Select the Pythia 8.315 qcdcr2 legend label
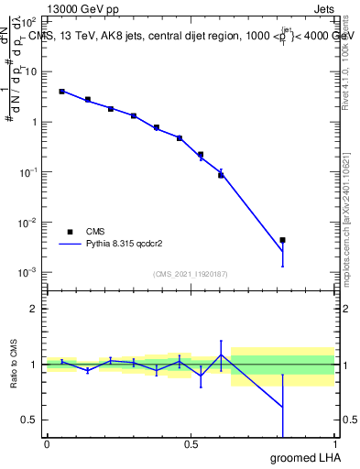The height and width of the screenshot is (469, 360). pyautogui.click(x=126, y=245)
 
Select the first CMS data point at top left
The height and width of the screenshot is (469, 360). pyautogui.click(x=61, y=92)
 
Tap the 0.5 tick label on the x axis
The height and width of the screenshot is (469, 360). pyautogui.click(x=191, y=444)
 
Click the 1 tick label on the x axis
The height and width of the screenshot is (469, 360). pyautogui.click(x=334, y=444)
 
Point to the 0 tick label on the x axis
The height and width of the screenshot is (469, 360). pyautogui.click(x=47, y=444)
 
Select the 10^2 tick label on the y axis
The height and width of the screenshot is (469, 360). pyautogui.click(x=29, y=20)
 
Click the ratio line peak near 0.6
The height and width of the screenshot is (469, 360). pyautogui.click(x=221, y=354)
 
